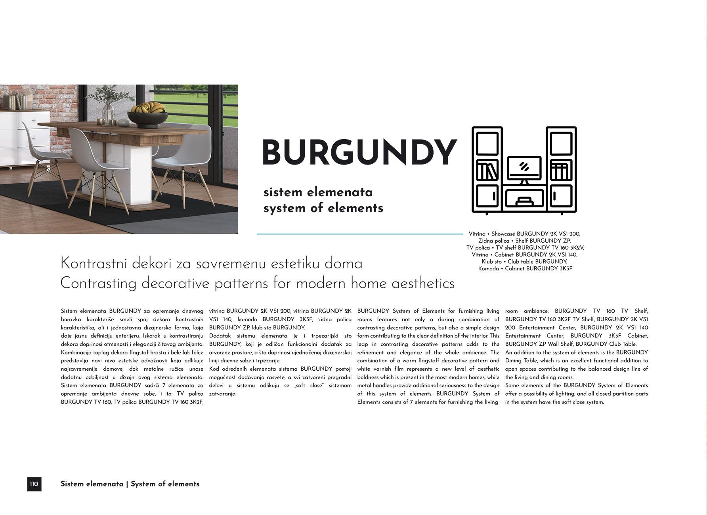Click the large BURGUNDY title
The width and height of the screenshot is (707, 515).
coord(359,153)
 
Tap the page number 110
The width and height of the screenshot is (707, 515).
coord(34,484)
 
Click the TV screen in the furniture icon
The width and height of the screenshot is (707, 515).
coord(524,167)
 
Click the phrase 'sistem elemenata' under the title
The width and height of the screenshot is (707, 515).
coord(318,193)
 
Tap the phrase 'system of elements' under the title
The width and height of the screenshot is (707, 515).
coord(323,209)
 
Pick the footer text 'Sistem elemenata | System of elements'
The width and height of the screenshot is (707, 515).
coord(130,484)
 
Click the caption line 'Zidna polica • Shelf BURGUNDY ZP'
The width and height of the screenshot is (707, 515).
coord(524,241)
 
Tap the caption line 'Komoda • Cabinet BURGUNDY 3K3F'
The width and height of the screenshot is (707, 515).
coord(525,268)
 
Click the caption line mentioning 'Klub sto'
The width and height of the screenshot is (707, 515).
coord(524,262)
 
